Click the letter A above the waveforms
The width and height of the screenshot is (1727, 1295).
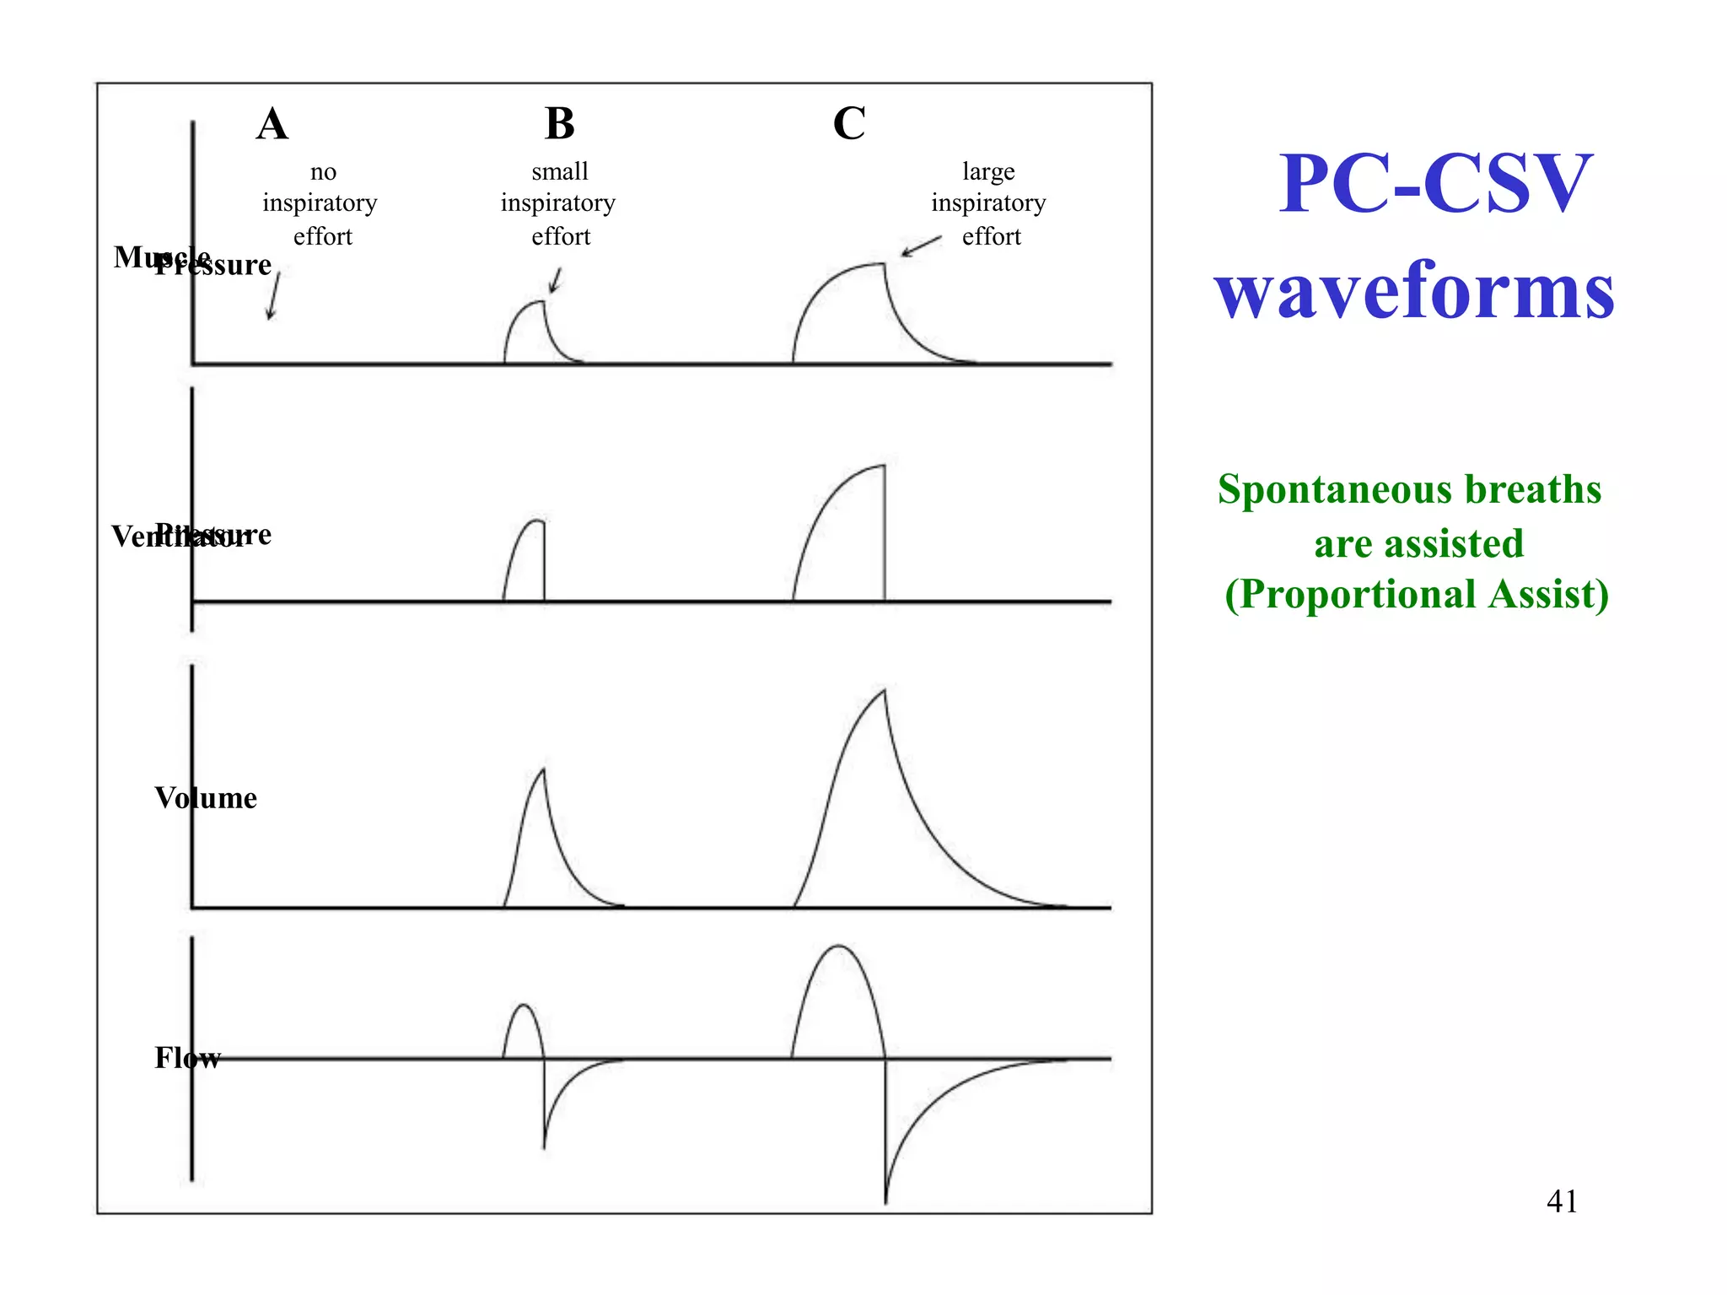(272, 125)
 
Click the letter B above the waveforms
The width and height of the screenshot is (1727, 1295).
(560, 124)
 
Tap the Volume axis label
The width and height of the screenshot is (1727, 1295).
(206, 798)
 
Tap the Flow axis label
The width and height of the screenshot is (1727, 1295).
(187, 1057)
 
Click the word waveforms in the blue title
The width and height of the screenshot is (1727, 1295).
(1414, 290)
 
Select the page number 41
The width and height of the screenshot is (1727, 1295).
(1562, 1201)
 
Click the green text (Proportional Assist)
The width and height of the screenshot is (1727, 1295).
(1417, 594)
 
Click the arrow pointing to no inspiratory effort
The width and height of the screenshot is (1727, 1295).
(273, 296)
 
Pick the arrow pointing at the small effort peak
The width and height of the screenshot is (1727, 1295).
(556, 280)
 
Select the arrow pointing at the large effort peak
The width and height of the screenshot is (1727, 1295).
(921, 246)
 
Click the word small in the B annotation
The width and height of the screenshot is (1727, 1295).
(560, 171)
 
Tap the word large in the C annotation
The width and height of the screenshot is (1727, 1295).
(988, 171)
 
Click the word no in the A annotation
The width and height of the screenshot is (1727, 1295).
(323, 172)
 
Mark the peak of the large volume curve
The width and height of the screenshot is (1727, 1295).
(885, 691)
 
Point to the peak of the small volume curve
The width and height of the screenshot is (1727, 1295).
(543, 769)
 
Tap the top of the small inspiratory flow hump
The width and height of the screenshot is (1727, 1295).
(524, 1005)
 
